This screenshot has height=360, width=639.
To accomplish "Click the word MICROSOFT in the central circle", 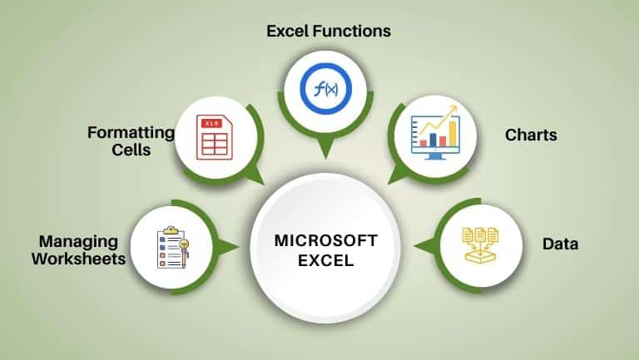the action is click(325, 240).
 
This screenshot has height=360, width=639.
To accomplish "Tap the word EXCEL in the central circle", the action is click(325, 260).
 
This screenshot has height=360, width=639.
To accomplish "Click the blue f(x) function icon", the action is click(325, 88).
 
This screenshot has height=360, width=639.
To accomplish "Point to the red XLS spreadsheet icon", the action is click(215, 137).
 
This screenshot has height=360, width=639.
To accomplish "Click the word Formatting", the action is click(131, 133).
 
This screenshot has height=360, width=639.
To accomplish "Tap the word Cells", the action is click(131, 150).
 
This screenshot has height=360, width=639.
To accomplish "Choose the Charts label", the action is click(531, 135).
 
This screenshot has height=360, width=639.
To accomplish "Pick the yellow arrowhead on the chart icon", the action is click(453, 109).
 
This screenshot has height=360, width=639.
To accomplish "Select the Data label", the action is click(560, 244).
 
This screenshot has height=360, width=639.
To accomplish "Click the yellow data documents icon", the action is click(480, 245).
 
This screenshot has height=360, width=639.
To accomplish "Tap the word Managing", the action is click(79, 242).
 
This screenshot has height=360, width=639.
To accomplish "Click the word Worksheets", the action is click(79, 259).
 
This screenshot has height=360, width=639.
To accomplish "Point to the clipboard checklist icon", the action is click(173, 247).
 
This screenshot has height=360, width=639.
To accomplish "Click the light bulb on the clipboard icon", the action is click(184, 245).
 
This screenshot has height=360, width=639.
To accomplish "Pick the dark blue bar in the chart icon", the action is click(433, 140).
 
